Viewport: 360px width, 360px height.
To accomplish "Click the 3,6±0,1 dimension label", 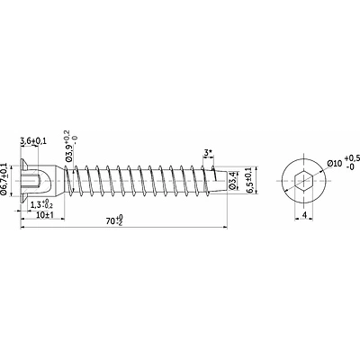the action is click(x=33, y=141).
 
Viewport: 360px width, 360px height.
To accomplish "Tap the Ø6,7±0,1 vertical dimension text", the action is click(x=4, y=179).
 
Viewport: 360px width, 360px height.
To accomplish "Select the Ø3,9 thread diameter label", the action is click(x=68, y=152).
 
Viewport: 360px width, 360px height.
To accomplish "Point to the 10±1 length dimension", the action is click(x=45, y=215).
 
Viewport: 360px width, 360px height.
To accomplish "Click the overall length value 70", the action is click(x=110, y=221).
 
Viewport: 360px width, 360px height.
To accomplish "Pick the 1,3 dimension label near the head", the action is click(x=36, y=205).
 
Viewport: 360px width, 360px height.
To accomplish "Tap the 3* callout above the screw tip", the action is click(x=208, y=153).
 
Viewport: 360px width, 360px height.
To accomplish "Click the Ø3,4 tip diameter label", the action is click(x=233, y=180).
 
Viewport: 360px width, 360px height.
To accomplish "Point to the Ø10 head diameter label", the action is click(x=335, y=164).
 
